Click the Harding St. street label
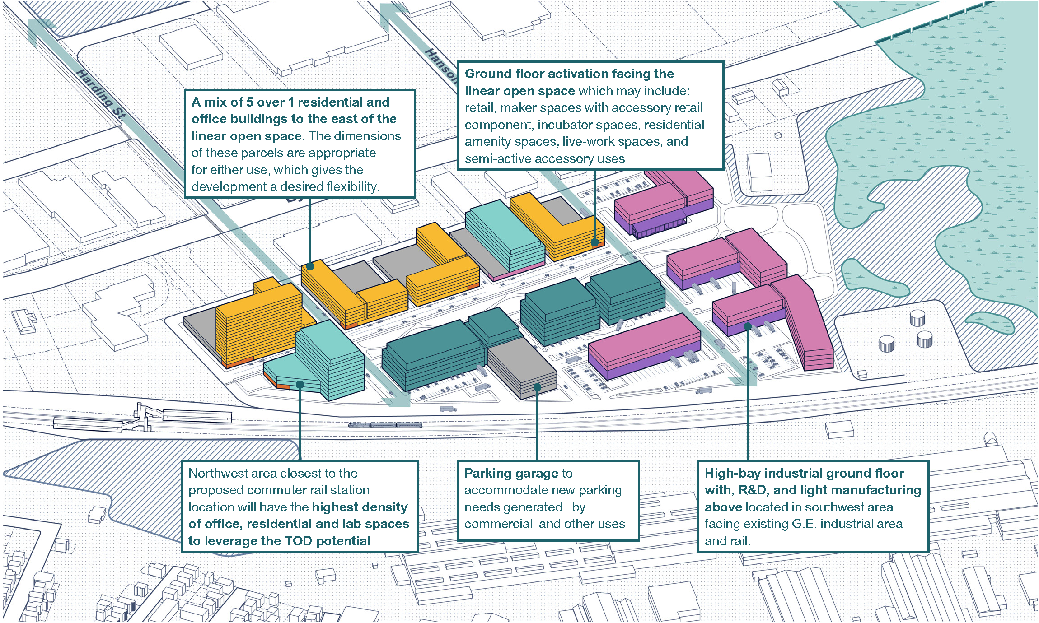coord(100,94)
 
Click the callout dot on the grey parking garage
coord(537,387)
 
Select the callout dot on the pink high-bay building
coord(748,326)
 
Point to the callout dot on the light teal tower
coord(300,385)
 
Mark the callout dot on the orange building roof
coord(310,266)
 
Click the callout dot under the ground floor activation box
coord(595,242)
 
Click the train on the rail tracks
coord(385,425)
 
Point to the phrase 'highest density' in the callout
coord(360,507)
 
